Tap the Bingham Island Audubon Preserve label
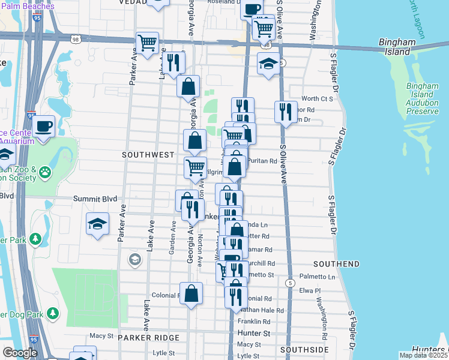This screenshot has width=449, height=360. pyautogui.click(x=426, y=95)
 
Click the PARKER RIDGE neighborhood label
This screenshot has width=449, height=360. pyautogui.click(x=149, y=338)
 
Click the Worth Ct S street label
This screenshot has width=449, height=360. pyautogui.click(x=317, y=98)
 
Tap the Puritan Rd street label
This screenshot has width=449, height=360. pyautogui.click(x=264, y=161)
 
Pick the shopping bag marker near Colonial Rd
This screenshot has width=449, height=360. pyautogui.click(x=191, y=294)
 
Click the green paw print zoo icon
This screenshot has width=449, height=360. pyautogui.click(x=46, y=173)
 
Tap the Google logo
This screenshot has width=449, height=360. pyautogui.click(x=20, y=353)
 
